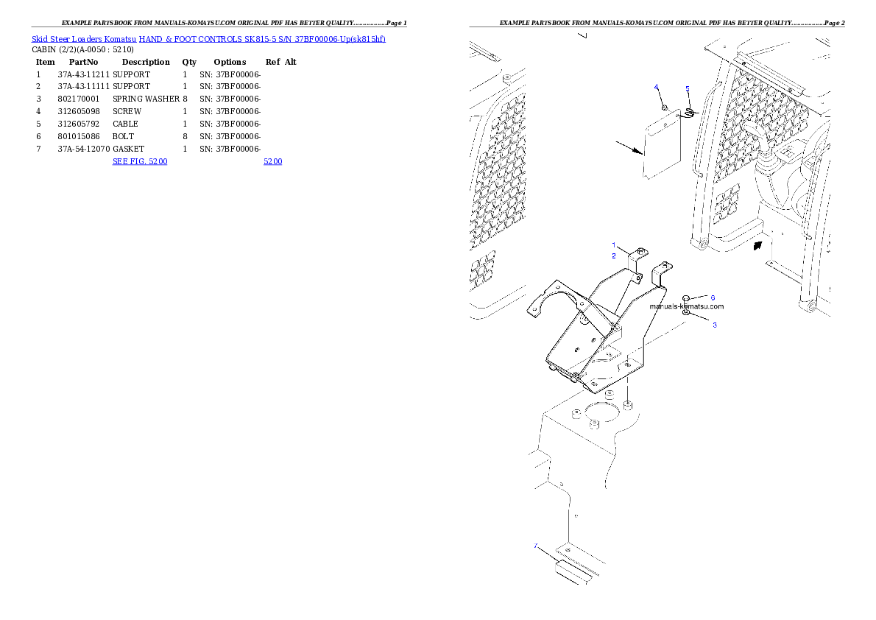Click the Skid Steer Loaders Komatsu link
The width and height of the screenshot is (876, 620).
pos(84,39)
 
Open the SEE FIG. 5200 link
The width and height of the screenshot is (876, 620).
pos(140,161)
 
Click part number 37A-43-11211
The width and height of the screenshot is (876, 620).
pos(84,74)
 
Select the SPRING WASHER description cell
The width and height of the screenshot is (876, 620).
pos(146,99)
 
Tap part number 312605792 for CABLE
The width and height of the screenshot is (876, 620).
pos(79,124)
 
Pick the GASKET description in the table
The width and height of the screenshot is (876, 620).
pos(129,149)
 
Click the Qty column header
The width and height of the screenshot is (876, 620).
pos(189,62)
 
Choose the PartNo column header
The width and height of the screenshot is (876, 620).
pos(83,62)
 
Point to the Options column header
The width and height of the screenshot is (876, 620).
pos(230,62)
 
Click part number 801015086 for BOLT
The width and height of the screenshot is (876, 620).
pos(79,136)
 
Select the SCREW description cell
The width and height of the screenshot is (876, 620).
pos(127,112)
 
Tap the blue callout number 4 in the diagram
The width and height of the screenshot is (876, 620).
pos(657,87)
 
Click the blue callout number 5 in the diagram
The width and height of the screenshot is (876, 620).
pos(688,89)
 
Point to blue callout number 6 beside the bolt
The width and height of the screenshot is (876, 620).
pos(713,298)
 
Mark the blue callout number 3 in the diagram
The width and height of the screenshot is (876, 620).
pos(715,325)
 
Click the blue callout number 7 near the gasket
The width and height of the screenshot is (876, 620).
pos(536,546)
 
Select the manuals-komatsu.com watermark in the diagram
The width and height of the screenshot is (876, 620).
pos(687,306)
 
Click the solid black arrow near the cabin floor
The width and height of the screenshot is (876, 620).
pos(757,245)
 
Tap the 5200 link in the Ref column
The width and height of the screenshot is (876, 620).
pos(272,161)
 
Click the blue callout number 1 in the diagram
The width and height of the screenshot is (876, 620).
pos(614,245)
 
